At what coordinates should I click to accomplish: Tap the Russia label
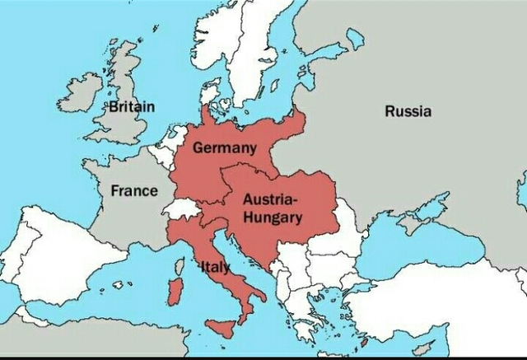click(408, 112)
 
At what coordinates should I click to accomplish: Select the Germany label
click(224, 149)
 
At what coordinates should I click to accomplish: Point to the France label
click(134, 190)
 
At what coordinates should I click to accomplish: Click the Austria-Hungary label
click(271, 208)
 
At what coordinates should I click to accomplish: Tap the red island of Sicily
click(221, 327)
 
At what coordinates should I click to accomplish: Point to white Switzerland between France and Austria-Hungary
click(182, 208)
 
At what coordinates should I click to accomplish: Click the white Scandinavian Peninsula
click(247, 49)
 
